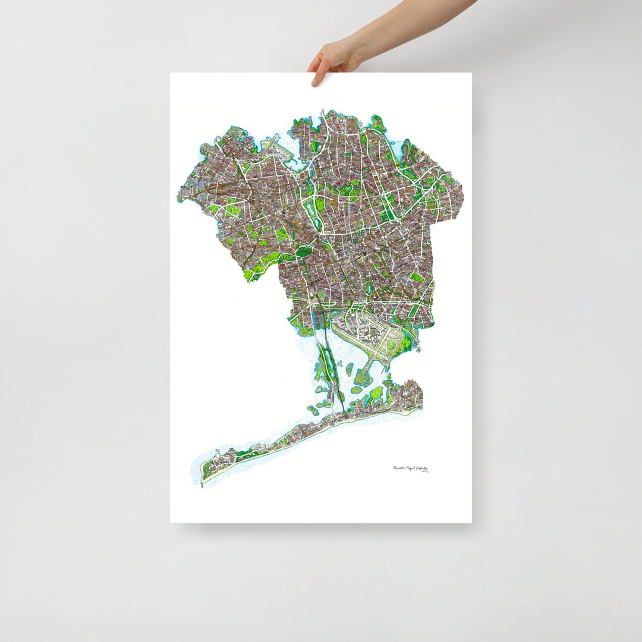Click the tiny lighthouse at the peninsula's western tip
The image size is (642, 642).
(202, 485)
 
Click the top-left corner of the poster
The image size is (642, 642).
(171, 73)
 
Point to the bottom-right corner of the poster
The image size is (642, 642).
(471, 523)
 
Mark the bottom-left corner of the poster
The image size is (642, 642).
(171, 523)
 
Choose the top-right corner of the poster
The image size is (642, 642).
(471, 73)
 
